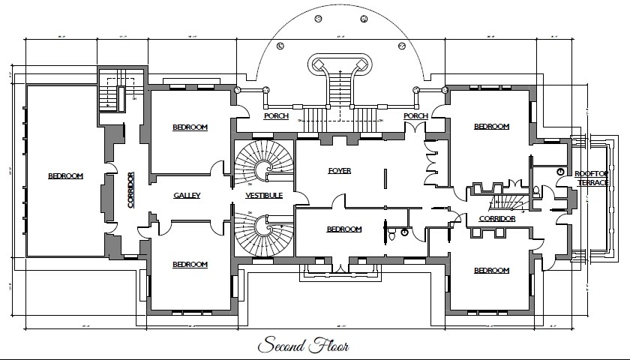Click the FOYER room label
pos(340,171)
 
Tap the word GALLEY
pos(187,196)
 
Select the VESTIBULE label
pos(264,196)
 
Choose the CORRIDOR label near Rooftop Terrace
pos(496,219)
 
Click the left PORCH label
pos(276,116)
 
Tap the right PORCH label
pos(415,116)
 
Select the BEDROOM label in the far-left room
pos(65,176)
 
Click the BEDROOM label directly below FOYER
pos(344,229)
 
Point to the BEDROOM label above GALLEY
pos(190,127)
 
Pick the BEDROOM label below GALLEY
pos(190,264)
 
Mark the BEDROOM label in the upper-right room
pos(491,127)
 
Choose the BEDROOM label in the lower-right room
pos(491,271)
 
